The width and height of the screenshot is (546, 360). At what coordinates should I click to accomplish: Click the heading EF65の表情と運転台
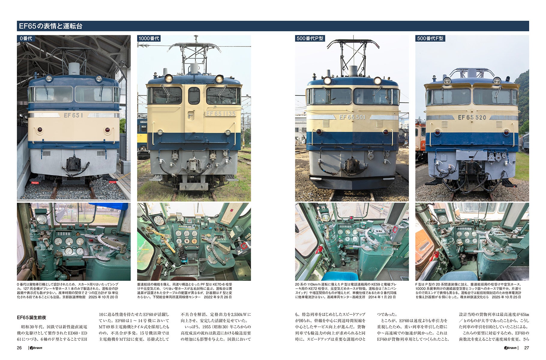51,26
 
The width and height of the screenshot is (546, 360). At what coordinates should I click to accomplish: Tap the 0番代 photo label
25,38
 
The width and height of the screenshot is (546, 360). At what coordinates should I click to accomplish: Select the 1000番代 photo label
149,38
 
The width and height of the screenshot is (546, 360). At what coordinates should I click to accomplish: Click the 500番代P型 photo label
310,38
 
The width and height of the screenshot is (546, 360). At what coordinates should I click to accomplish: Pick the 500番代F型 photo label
430,38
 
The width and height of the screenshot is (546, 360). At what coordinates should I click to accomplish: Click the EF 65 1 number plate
73,115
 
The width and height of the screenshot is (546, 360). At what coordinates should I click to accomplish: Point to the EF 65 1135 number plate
220,114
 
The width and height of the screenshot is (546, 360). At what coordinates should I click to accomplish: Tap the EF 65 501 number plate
352,117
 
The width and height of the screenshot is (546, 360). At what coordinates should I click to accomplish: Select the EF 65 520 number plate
472,117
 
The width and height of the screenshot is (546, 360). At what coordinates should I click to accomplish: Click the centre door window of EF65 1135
194,96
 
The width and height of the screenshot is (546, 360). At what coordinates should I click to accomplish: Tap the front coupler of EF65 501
352,166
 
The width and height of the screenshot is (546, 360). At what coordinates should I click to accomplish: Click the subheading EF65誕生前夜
31,317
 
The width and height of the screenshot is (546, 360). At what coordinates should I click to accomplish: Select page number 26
19,348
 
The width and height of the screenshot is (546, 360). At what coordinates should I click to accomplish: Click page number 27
526,348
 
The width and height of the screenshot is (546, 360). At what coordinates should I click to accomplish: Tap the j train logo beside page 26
35,348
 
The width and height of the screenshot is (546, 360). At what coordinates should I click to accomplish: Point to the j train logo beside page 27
510,348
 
